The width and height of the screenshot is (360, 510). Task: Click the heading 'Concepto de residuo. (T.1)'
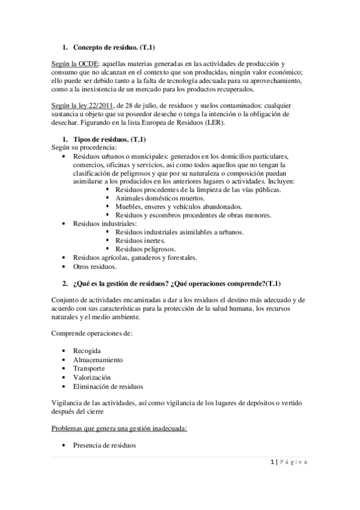coord(115,47)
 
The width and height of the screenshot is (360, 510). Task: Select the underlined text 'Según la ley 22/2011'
coord(82,105)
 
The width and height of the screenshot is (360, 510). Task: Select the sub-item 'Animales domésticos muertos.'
coord(160,198)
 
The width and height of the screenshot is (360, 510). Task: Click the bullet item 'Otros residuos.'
coord(95,266)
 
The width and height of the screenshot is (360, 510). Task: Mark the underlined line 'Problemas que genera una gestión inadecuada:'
coord(120,428)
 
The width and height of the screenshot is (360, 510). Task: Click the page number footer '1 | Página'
coord(290,462)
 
